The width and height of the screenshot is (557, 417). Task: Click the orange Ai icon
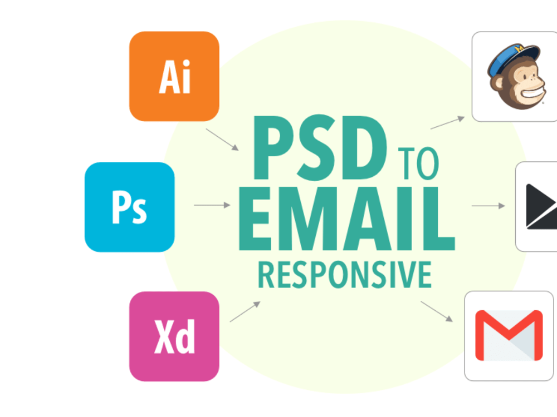pos(174,76)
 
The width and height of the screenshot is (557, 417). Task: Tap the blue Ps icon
pos(130,207)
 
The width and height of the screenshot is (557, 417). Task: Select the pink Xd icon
pos(174,336)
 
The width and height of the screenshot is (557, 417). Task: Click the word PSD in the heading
pos(320,147)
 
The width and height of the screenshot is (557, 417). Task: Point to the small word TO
pos(418,163)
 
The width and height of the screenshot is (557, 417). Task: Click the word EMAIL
pos(346,219)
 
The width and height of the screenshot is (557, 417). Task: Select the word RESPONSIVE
pos(345,275)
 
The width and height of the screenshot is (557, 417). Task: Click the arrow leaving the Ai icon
pos(222,140)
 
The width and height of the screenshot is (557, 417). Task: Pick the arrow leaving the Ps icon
pos(212,205)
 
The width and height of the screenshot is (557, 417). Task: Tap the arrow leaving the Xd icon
pos(245,312)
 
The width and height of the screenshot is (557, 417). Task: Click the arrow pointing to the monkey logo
pos(448,123)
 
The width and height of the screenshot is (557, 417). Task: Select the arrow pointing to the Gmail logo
pos(437,312)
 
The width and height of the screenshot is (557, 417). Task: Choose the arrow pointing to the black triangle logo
pos(488,206)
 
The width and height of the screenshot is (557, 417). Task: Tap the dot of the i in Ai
pos(186,64)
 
